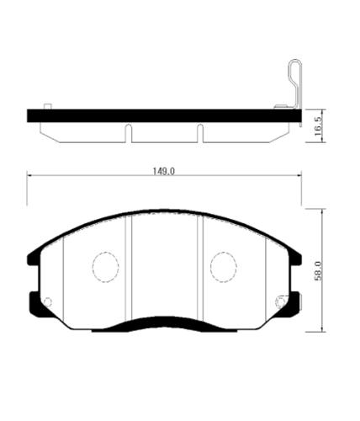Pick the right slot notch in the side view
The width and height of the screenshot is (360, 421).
pyautogui.click(x=199, y=133)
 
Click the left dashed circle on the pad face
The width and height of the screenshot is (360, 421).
pyautogui.click(x=105, y=267)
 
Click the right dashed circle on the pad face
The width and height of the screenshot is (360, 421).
pyautogui.click(x=224, y=267)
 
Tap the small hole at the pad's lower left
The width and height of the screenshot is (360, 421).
pyautogui.click(x=47, y=301)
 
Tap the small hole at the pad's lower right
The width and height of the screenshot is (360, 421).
pyautogui.click(x=282, y=299)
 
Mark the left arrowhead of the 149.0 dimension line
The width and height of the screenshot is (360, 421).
pyautogui.click(x=31, y=175)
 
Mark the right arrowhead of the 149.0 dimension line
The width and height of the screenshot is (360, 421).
pyautogui.click(x=300, y=175)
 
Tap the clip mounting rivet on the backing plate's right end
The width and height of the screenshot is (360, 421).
pyautogui.click(x=281, y=106)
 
